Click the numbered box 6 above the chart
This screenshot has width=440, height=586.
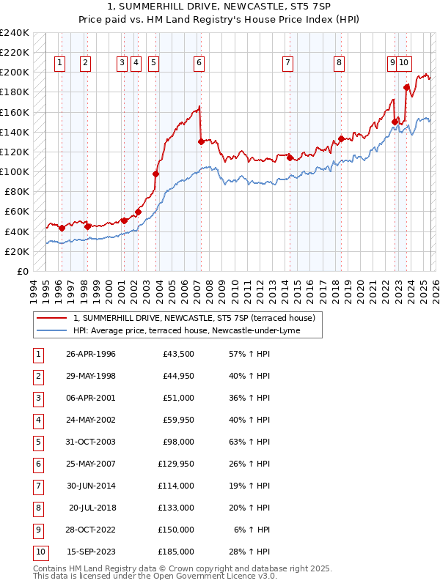pyautogui.click(x=199, y=64)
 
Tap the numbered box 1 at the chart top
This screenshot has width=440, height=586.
pyautogui.click(x=59, y=64)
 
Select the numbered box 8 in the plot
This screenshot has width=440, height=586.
pyautogui.click(x=339, y=64)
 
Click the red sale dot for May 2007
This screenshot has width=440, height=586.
pyautogui.click(x=201, y=142)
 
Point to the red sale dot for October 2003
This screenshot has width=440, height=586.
pyautogui.click(x=155, y=174)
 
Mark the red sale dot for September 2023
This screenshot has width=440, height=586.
pyautogui.click(x=406, y=87)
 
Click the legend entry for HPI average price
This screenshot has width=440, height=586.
pyautogui.click(x=197, y=330)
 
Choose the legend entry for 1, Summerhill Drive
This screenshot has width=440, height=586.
pyautogui.click(x=194, y=318)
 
